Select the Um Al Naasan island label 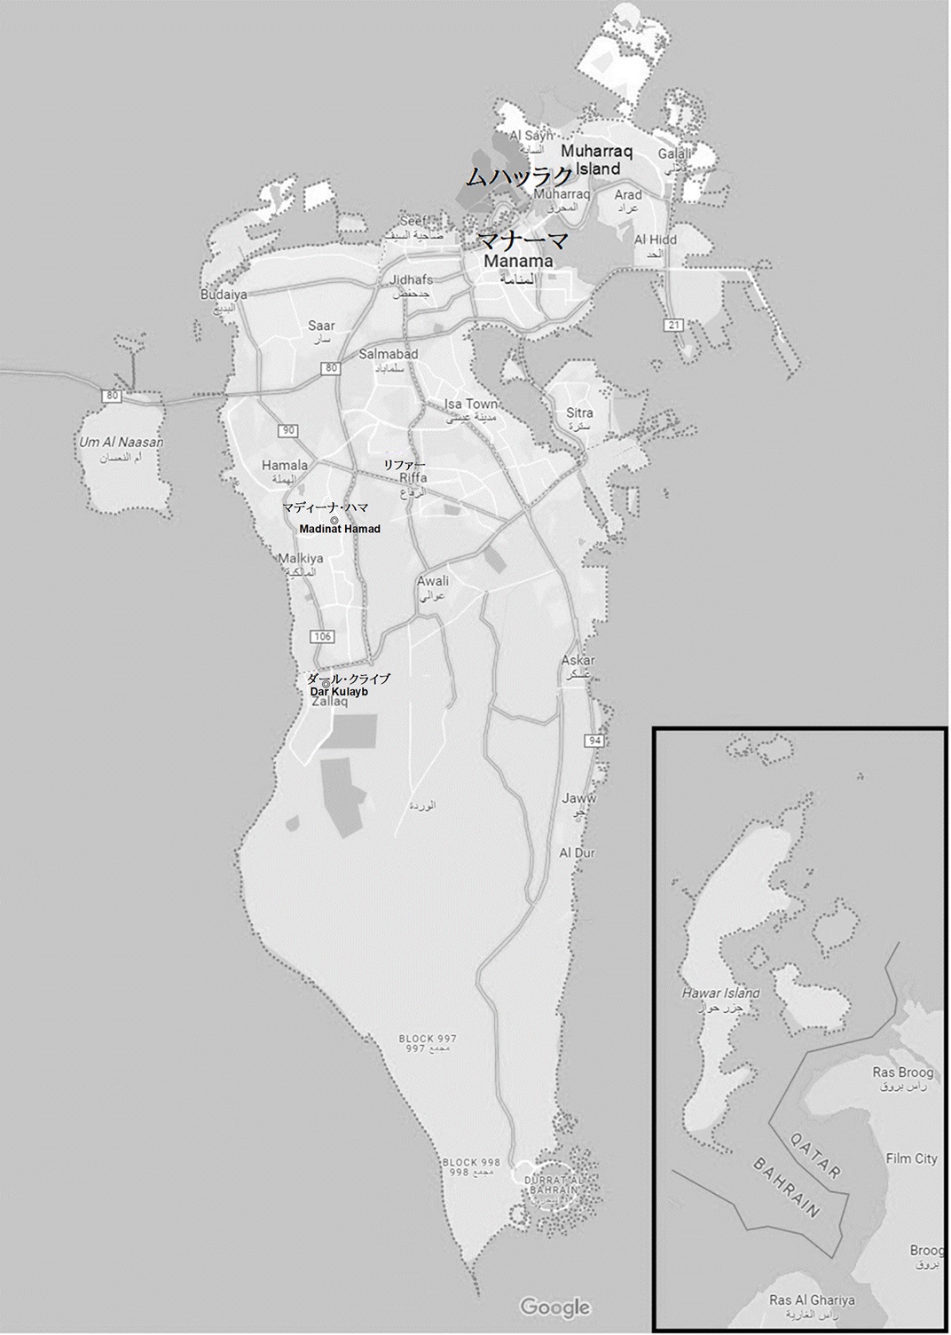(122, 442)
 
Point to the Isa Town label (470, 404)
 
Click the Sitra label (579, 413)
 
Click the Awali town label (433, 582)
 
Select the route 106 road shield (322, 636)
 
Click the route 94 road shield (593, 741)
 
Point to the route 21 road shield (675, 326)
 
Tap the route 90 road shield (287, 431)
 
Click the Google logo (554, 1307)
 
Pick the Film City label (911, 1158)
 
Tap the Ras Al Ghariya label (812, 1300)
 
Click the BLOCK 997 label (428, 1038)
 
